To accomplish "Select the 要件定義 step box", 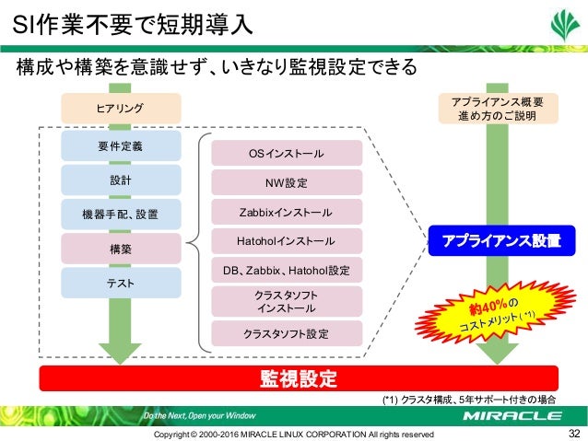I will point(120,145).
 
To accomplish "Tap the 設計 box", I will point(120,180).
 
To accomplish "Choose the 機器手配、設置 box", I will point(120,215).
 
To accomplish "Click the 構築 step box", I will point(120,249).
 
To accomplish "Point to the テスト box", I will point(120,284).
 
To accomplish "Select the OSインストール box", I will point(287,153).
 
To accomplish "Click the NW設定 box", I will point(287,182).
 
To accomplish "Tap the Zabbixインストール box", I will point(287,213).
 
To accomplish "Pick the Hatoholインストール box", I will point(287,242).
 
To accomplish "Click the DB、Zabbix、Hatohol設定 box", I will point(287,271).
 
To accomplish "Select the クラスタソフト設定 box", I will point(287,332).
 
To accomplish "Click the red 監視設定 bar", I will point(299,378).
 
